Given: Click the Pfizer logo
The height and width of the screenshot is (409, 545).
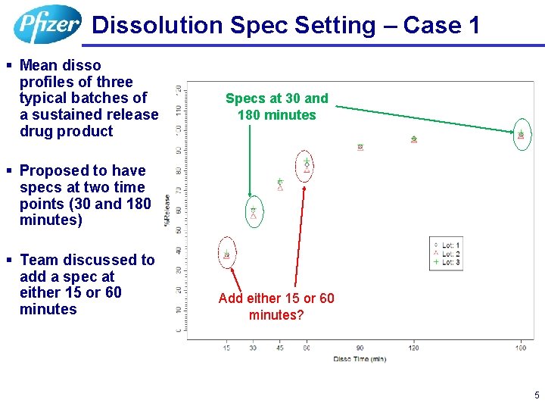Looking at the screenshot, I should point(47,24).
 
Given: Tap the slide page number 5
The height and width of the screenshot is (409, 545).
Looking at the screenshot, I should point(537,395).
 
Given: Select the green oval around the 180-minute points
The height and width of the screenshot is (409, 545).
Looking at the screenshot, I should point(522,135).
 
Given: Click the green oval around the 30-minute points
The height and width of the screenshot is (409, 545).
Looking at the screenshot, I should point(254,213).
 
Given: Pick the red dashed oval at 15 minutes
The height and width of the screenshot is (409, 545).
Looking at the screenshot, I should point(226,254).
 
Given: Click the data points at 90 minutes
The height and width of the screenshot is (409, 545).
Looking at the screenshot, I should point(360,147).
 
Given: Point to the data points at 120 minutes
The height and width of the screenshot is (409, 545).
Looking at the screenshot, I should point(414,139).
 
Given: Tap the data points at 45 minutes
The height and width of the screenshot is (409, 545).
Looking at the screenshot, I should point(280,184).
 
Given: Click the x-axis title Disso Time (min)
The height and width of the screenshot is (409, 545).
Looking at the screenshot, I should point(360,358).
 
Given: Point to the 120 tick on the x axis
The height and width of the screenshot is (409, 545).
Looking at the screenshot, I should point(414,348).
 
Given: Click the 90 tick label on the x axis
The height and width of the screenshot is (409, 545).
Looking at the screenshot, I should point(360,348).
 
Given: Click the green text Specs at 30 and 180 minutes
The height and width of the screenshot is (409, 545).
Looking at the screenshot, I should point(277,107).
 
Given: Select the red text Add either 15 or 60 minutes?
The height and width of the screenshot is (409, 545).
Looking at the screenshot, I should point(276,307).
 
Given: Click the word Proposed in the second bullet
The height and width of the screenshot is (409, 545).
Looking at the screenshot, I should point(55,170).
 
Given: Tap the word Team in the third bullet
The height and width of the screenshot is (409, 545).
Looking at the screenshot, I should point(39,260).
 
